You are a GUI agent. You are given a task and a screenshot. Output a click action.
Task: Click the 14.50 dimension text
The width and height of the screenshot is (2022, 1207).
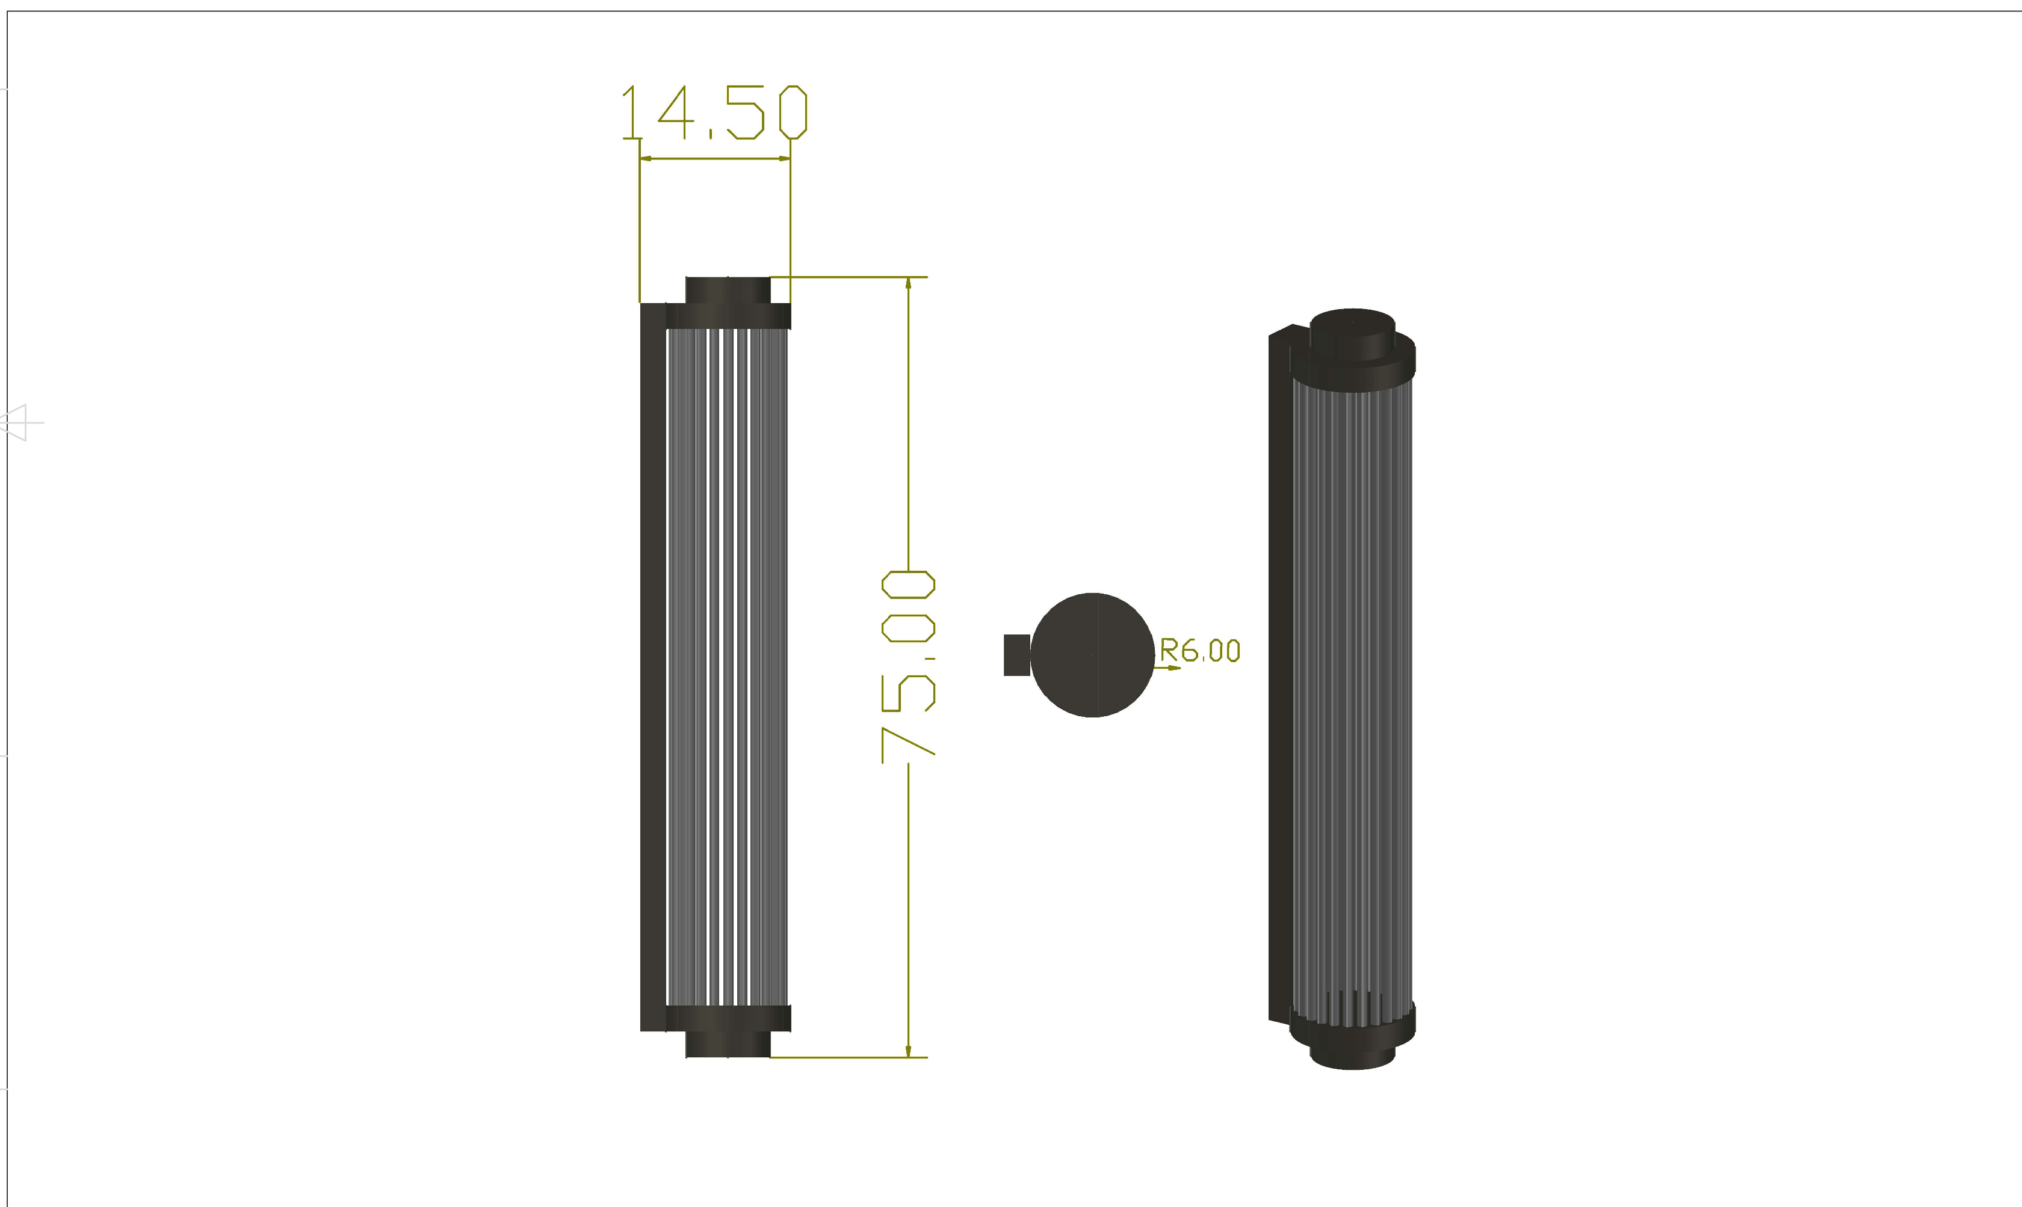pyautogui.click(x=714, y=112)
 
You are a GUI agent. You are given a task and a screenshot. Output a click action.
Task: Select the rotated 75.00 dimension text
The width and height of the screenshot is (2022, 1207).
pyautogui.click(x=908, y=667)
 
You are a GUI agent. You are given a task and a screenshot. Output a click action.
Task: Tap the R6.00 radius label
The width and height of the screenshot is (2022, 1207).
pyautogui.click(x=1199, y=651)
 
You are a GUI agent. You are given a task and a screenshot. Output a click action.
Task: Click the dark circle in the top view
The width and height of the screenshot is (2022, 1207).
pyautogui.click(x=1092, y=655)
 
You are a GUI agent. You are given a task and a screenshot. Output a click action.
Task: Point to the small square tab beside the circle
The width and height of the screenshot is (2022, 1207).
pyautogui.click(x=1017, y=655)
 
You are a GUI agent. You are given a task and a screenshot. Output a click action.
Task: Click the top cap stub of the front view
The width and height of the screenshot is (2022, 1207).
pyautogui.click(x=728, y=290)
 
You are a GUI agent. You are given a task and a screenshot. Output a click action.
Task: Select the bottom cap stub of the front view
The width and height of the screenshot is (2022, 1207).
pyautogui.click(x=728, y=1045)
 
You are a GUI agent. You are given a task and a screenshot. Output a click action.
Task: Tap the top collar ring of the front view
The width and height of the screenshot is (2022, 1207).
pyautogui.click(x=728, y=316)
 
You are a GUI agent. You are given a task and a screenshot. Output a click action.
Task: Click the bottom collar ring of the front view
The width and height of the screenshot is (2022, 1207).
pyautogui.click(x=728, y=1018)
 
